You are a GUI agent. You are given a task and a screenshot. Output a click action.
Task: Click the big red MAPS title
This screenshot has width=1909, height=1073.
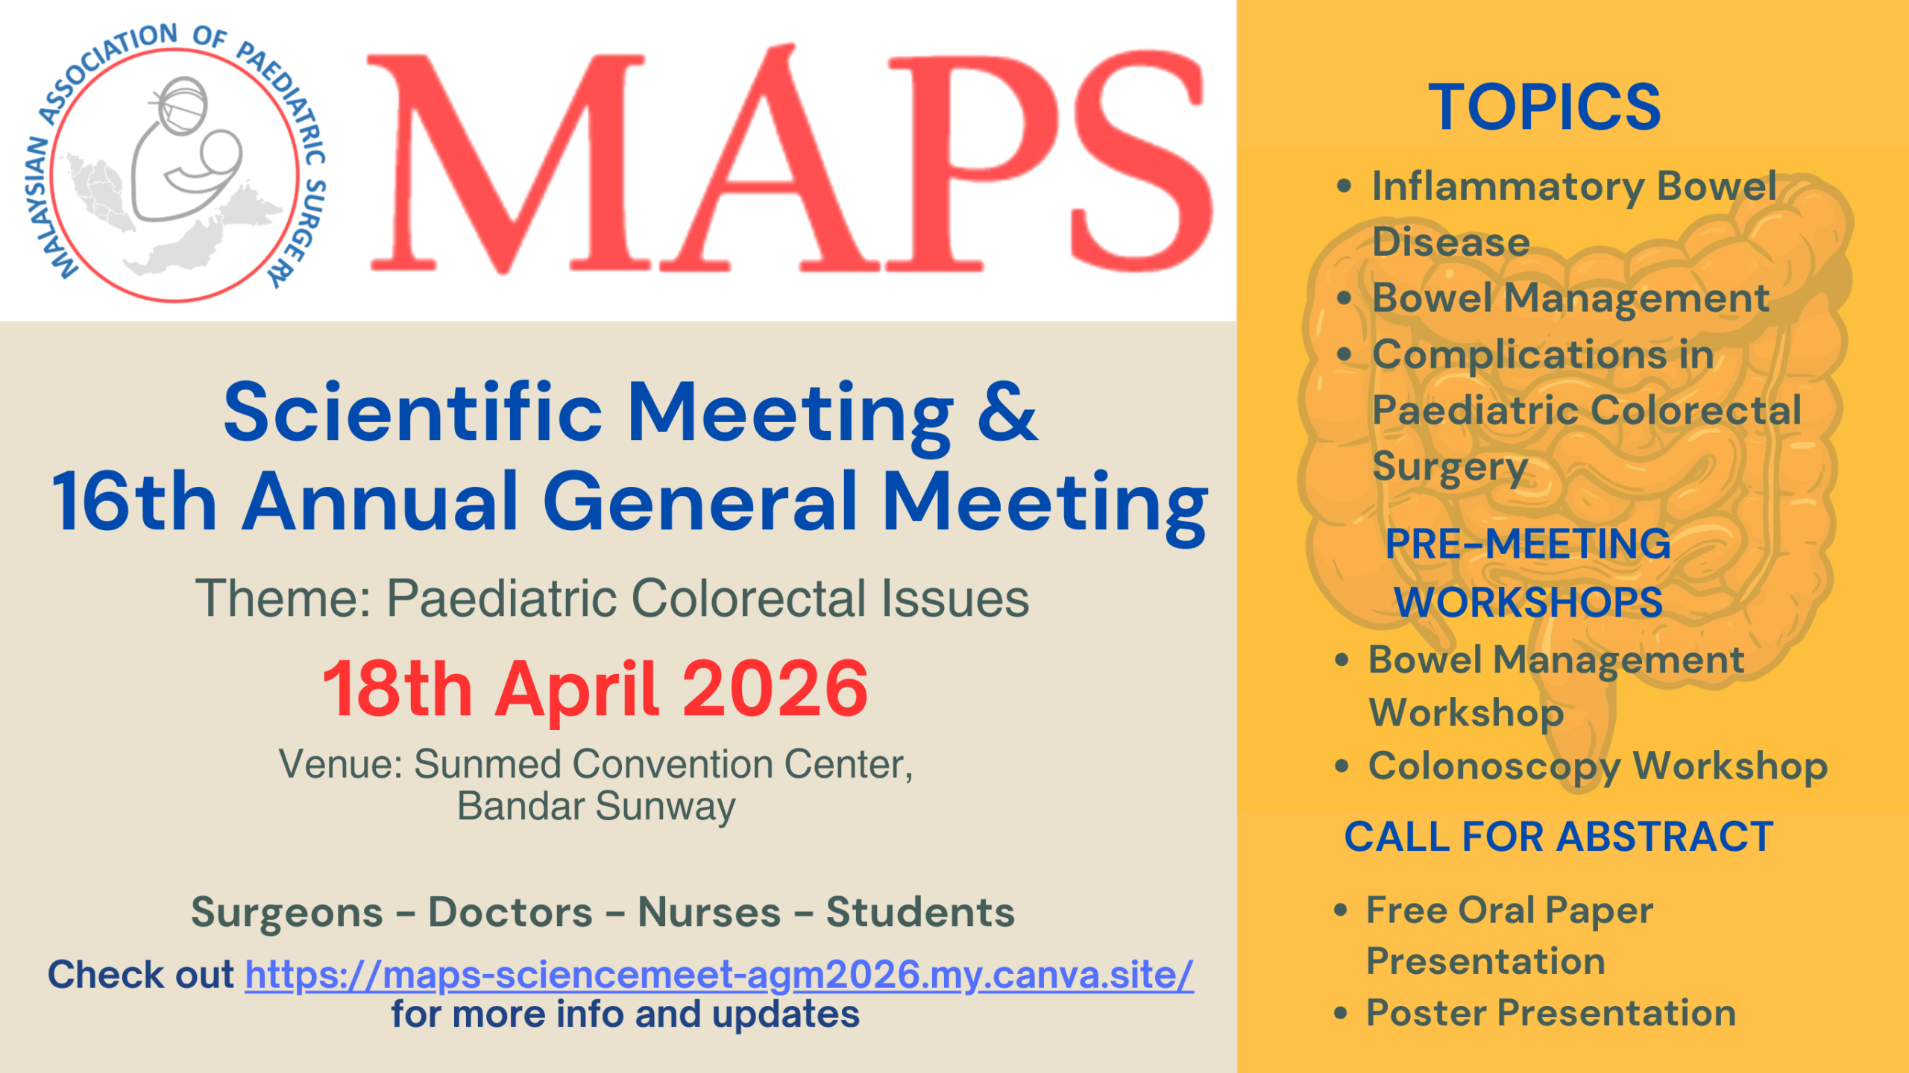[x=789, y=160]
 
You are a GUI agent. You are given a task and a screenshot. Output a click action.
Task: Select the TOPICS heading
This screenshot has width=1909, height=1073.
[x=1544, y=107]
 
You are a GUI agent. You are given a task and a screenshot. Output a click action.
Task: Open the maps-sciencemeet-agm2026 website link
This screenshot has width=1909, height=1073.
[x=720, y=974]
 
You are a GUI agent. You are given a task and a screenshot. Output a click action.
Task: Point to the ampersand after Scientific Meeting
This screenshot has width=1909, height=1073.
[x=1007, y=412]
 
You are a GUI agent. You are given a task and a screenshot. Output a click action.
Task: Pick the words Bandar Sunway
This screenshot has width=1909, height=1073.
[x=596, y=808]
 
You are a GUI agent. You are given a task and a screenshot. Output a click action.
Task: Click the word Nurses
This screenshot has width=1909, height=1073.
[x=709, y=912]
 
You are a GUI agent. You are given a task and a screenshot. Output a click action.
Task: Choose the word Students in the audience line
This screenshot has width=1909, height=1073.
[x=920, y=912]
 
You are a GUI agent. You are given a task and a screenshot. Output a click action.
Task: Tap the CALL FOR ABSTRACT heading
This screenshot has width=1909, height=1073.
[x=1559, y=836]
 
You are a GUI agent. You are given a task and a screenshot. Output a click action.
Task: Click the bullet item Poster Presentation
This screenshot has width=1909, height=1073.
[x=1551, y=1013]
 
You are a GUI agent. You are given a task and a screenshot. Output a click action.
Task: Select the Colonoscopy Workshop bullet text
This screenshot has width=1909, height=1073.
[x=1598, y=767]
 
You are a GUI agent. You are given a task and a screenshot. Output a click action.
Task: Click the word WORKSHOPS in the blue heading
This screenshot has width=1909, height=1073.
[x=1529, y=602]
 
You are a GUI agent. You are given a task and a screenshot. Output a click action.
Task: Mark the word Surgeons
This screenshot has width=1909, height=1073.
[x=287, y=913]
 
